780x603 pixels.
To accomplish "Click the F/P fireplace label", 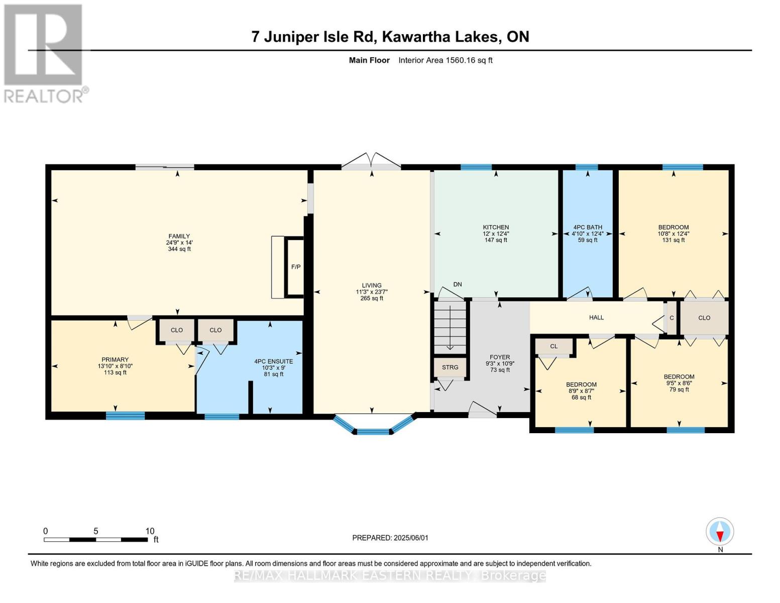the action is coord(296,267).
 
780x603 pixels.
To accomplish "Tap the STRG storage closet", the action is coord(450,367).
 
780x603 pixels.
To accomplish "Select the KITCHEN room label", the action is coord(496,227).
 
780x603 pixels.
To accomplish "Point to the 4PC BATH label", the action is coord(588,227).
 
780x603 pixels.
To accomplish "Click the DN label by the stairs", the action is coord(458,284).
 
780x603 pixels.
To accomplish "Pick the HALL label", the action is coord(596,317).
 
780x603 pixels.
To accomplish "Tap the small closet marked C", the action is coord(672,318).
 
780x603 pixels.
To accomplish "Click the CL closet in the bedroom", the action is coord(554,346).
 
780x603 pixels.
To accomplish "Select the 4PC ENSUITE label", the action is coord(274,361).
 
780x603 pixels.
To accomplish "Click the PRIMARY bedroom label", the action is coord(115,359).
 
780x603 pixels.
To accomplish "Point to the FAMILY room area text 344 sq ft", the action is coord(179,249).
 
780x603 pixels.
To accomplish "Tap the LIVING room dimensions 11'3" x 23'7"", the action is coord(372,292).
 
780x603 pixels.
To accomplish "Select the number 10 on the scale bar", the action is coord(150,531).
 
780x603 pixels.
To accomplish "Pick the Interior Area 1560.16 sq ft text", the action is coord(445,60).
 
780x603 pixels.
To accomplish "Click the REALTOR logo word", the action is coord(44,96).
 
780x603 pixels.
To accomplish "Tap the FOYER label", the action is coord(500,357).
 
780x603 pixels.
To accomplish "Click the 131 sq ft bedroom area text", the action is coord(674,240).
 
